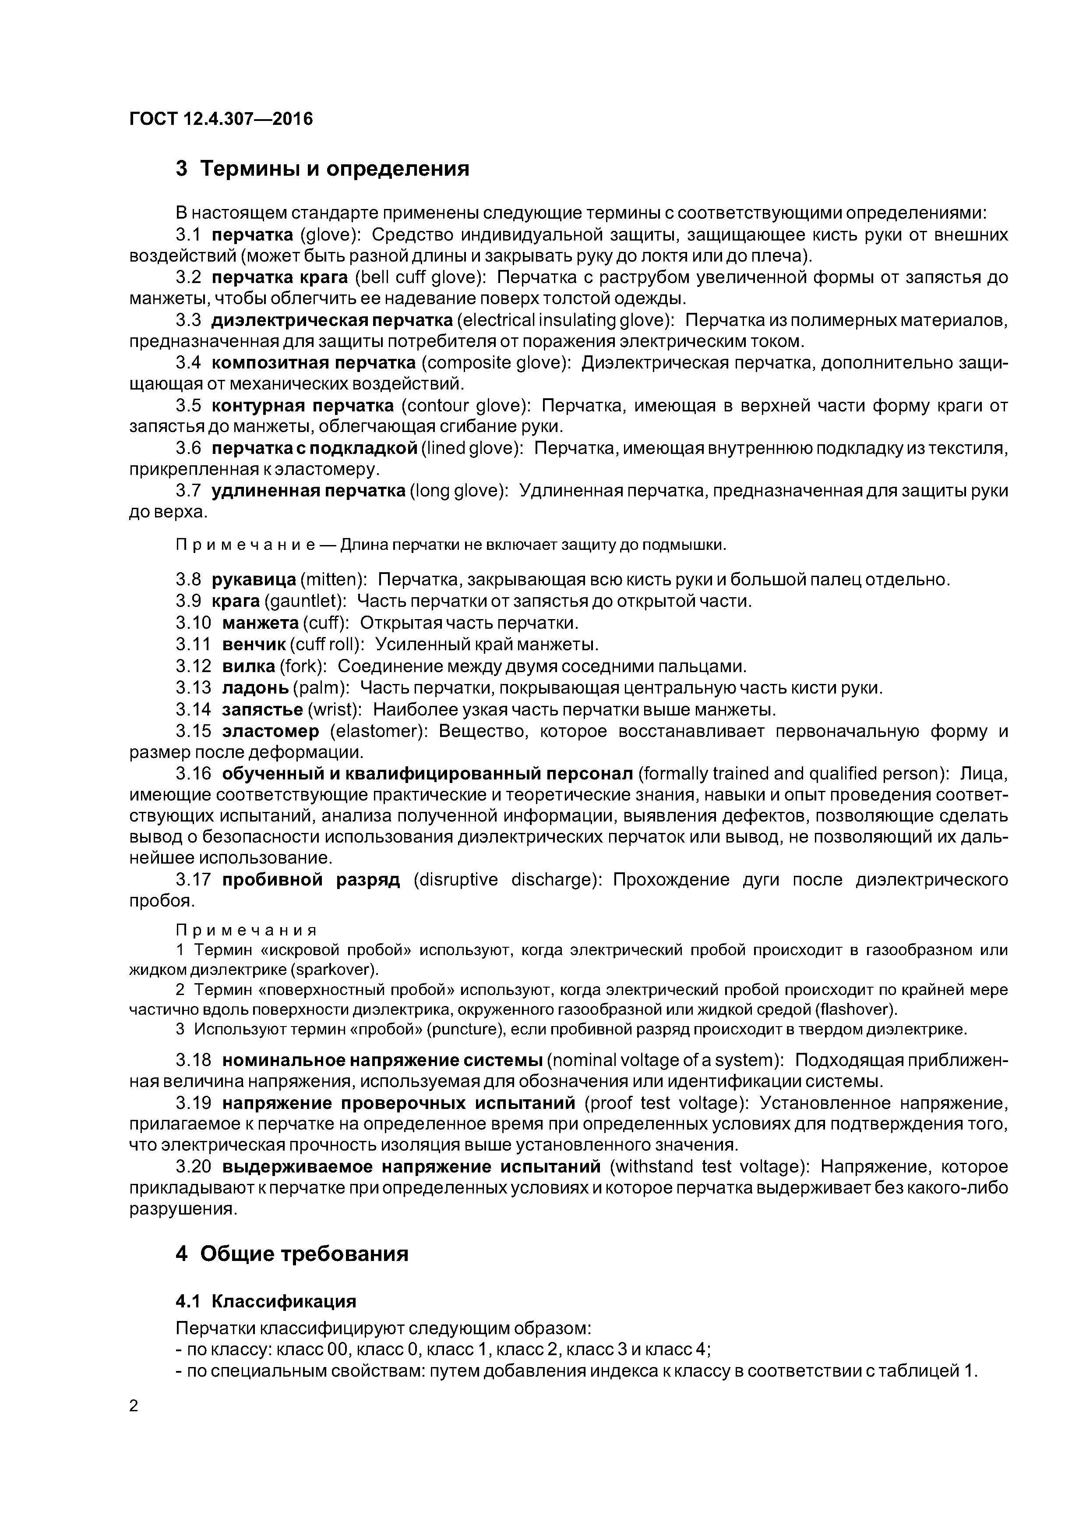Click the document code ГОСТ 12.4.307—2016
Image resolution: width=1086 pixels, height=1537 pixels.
[x=221, y=119]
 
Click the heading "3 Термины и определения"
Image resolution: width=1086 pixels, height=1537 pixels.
[x=323, y=169]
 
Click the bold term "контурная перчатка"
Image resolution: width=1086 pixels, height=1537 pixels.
[x=303, y=406]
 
